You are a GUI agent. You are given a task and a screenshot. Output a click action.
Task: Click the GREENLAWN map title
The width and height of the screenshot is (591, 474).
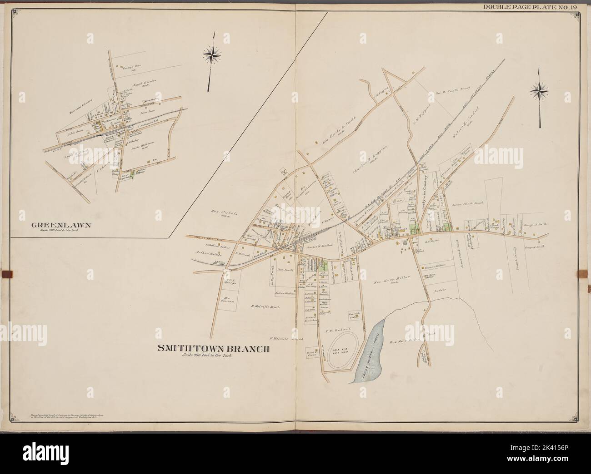[56, 225]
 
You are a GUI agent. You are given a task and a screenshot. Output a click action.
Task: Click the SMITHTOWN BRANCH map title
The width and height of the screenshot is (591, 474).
[213, 349]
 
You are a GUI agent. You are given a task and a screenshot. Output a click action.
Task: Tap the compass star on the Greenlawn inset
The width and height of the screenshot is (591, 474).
[211, 55]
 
